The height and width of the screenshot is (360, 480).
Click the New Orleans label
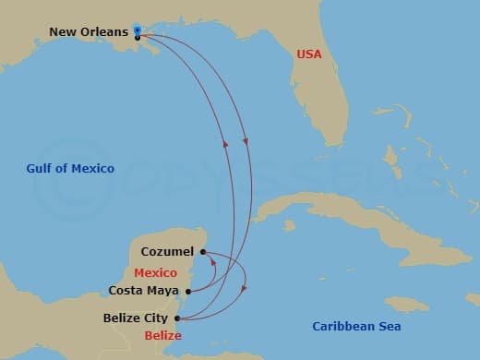(88, 32)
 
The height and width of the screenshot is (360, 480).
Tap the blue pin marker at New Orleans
(137, 30)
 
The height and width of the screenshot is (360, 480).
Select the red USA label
(309, 54)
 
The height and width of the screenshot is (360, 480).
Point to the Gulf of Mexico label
(70, 168)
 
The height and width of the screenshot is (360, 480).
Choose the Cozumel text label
(167, 251)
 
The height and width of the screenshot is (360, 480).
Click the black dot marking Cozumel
(202, 250)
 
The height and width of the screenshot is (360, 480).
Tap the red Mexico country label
(155, 272)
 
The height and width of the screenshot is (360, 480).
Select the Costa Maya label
(143, 291)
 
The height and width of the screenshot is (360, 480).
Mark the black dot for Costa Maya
(188, 291)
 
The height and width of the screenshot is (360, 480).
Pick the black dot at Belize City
(176, 319)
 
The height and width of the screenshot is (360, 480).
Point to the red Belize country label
(163, 335)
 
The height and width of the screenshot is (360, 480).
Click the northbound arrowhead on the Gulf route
(224, 144)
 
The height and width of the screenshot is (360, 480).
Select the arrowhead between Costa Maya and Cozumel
(212, 261)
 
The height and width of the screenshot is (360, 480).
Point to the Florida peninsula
(318, 102)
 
